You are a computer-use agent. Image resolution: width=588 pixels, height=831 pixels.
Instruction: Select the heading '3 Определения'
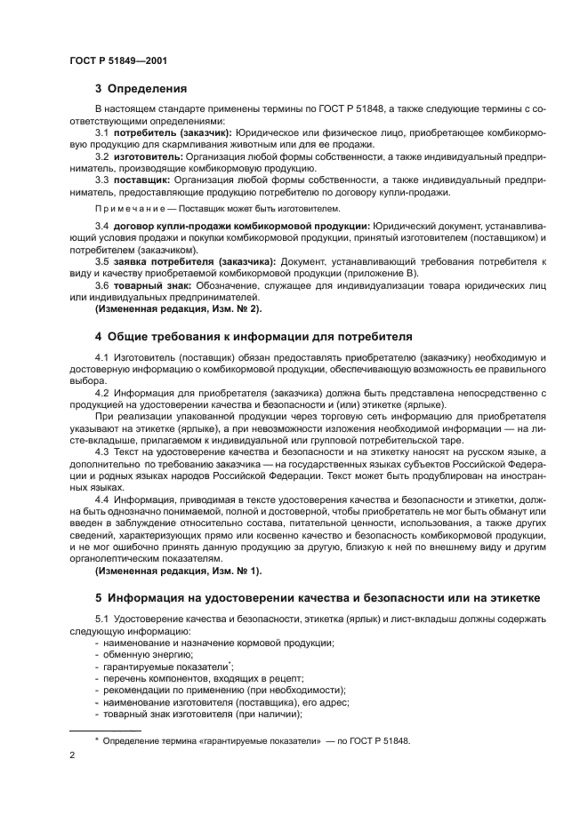tap(141, 88)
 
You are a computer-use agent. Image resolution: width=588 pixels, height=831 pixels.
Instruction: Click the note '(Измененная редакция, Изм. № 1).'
tap(170, 569)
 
